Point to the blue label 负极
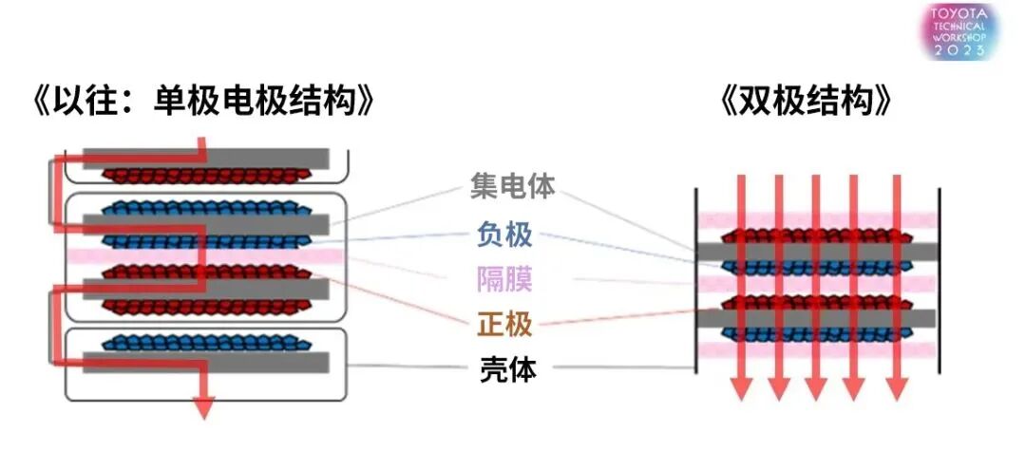(504, 234)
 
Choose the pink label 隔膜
(504, 279)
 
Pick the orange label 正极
(504, 325)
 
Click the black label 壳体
(504, 369)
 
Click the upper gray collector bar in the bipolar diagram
(817, 251)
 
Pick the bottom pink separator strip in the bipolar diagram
(817, 349)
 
